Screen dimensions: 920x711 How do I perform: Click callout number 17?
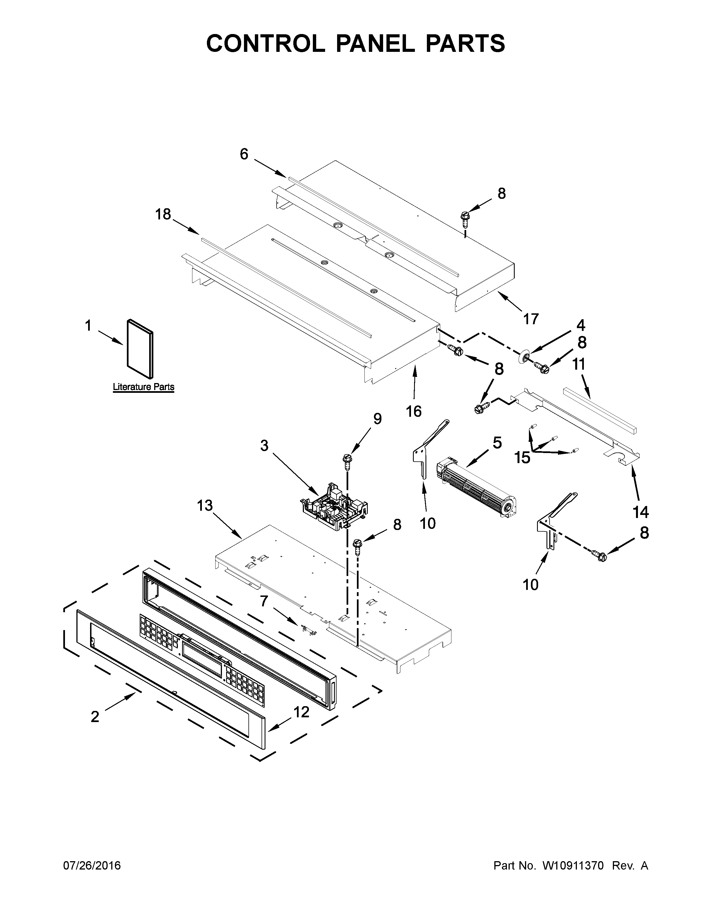tap(531, 319)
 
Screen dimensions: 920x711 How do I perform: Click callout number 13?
tap(205, 505)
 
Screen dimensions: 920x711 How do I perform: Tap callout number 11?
tap(579, 364)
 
